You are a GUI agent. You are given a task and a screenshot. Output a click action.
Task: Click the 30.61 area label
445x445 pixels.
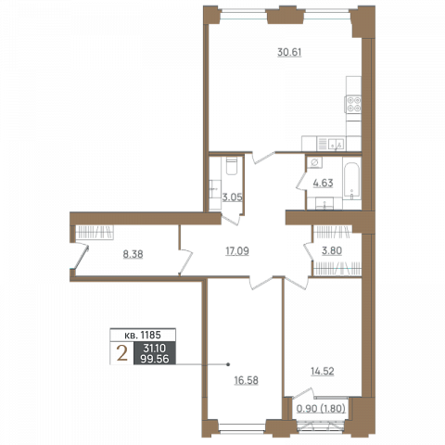coord(289,52)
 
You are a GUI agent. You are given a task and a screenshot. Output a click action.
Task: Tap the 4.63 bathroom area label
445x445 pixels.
coord(323,183)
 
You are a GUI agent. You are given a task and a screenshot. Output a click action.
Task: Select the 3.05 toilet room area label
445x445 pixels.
coord(232,197)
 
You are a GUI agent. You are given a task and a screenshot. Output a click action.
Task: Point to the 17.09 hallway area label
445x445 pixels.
coord(237,251)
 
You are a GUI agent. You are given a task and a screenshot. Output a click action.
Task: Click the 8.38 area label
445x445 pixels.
coord(133,254)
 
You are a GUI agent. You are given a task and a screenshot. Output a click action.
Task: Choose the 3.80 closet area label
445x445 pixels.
coord(332,250)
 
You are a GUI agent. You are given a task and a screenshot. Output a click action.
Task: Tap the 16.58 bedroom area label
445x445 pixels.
coord(246,380)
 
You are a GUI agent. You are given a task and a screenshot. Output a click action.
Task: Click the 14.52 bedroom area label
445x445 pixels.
coord(323,371)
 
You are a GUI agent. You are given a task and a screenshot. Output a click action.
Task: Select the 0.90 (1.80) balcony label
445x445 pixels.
coord(321,409)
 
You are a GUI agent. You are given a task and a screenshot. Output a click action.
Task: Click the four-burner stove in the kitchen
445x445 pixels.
coord(353,105)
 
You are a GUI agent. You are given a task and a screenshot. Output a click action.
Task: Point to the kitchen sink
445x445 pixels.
coord(336,144)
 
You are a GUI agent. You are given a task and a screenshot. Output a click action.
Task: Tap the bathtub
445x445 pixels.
coord(351,180)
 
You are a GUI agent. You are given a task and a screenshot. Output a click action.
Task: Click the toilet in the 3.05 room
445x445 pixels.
coord(232,166)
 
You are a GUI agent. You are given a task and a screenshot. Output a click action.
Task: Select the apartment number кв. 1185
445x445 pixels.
coord(143,335)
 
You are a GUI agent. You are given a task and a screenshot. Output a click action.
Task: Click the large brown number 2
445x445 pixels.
coord(122,353)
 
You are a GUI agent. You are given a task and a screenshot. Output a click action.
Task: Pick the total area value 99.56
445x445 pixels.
coord(155,359)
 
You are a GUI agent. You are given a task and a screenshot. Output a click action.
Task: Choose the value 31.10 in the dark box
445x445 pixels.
coord(155,349)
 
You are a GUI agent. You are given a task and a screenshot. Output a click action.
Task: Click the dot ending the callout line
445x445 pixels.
coord(228,364)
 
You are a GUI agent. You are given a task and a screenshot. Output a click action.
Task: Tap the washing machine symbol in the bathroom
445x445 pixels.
coord(314,162)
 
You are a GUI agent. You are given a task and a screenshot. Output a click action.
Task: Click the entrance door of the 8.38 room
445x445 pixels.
coord(81,257)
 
